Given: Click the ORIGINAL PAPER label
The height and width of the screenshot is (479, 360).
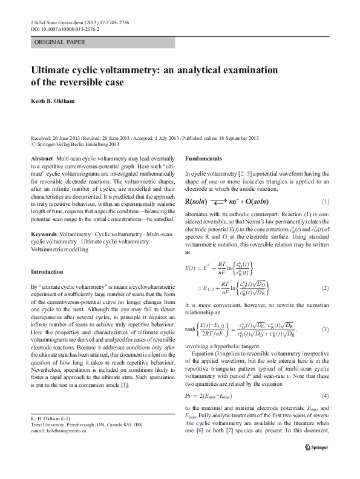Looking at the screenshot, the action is pyautogui.click(x=59, y=42).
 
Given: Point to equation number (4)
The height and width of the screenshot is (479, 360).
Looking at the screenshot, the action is pyautogui.click(x=325, y=395).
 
